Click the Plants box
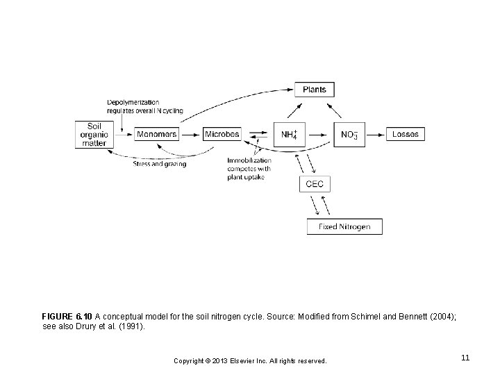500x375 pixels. pyautogui.click(x=315, y=90)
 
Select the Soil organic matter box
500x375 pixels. pyautogui.click(x=94, y=135)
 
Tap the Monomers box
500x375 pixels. pyautogui.click(x=156, y=134)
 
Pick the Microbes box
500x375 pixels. pyautogui.click(x=222, y=134)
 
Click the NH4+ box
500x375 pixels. pyautogui.click(x=290, y=135)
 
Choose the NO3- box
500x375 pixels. pyautogui.click(x=349, y=135)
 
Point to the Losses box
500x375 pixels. pyautogui.click(x=406, y=134)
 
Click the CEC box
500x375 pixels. pyautogui.click(x=315, y=184)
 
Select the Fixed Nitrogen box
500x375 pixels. pyautogui.click(x=344, y=226)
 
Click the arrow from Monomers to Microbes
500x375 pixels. pyautogui.click(x=191, y=135)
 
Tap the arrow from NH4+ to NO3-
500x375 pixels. pyautogui.click(x=317, y=135)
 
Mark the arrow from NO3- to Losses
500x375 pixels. pyautogui.click(x=375, y=135)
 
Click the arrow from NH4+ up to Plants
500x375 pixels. pyautogui.click(x=294, y=110)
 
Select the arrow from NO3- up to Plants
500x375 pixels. pyautogui.click(x=334, y=110)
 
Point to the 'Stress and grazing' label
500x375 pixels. pyautogui.click(x=160, y=164)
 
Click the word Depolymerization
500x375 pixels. pyautogui.click(x=133, y=102)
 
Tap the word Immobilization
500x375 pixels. pyautogui.click(x=249, y=160)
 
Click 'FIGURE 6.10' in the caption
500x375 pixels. pyautogui.click(x=67, y=317)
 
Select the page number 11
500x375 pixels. pyautogui.click(x=465, y=358)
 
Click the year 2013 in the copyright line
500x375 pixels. pyautogui.click(x=219, y=361)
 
